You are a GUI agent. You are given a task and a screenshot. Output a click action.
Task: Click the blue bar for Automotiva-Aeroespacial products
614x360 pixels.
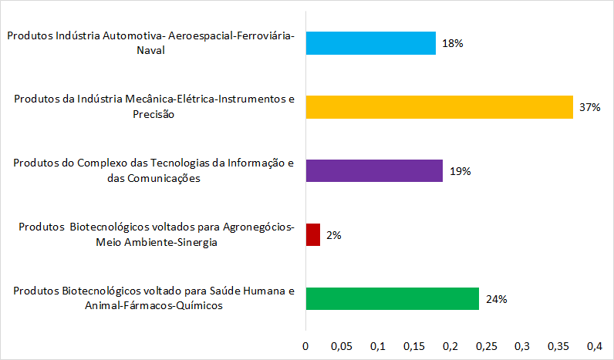coord(371,43)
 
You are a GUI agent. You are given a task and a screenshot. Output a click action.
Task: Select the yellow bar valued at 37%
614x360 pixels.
coord(440,107)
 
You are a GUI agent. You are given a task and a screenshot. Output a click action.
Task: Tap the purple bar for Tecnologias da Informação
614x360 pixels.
coord(374,170)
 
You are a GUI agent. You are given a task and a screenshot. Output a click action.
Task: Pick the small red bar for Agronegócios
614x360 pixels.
coord(313,234)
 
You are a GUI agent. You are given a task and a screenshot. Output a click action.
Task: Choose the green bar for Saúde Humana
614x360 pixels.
coord(393,298)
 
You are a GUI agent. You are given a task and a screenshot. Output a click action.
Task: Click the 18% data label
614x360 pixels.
coord(453,44)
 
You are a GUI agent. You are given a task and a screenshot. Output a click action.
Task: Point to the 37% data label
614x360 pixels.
coord(590,107)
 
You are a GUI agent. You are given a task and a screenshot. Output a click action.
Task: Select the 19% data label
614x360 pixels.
coord(460,171)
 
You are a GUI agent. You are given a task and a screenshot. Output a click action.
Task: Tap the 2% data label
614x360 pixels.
coord(334,235)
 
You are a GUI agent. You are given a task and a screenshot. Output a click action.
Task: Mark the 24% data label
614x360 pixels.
coord(496,299)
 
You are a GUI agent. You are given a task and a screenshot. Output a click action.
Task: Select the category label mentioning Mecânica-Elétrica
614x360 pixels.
coord(154,107)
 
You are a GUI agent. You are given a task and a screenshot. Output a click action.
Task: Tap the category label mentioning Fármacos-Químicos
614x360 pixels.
coord(154,298)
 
